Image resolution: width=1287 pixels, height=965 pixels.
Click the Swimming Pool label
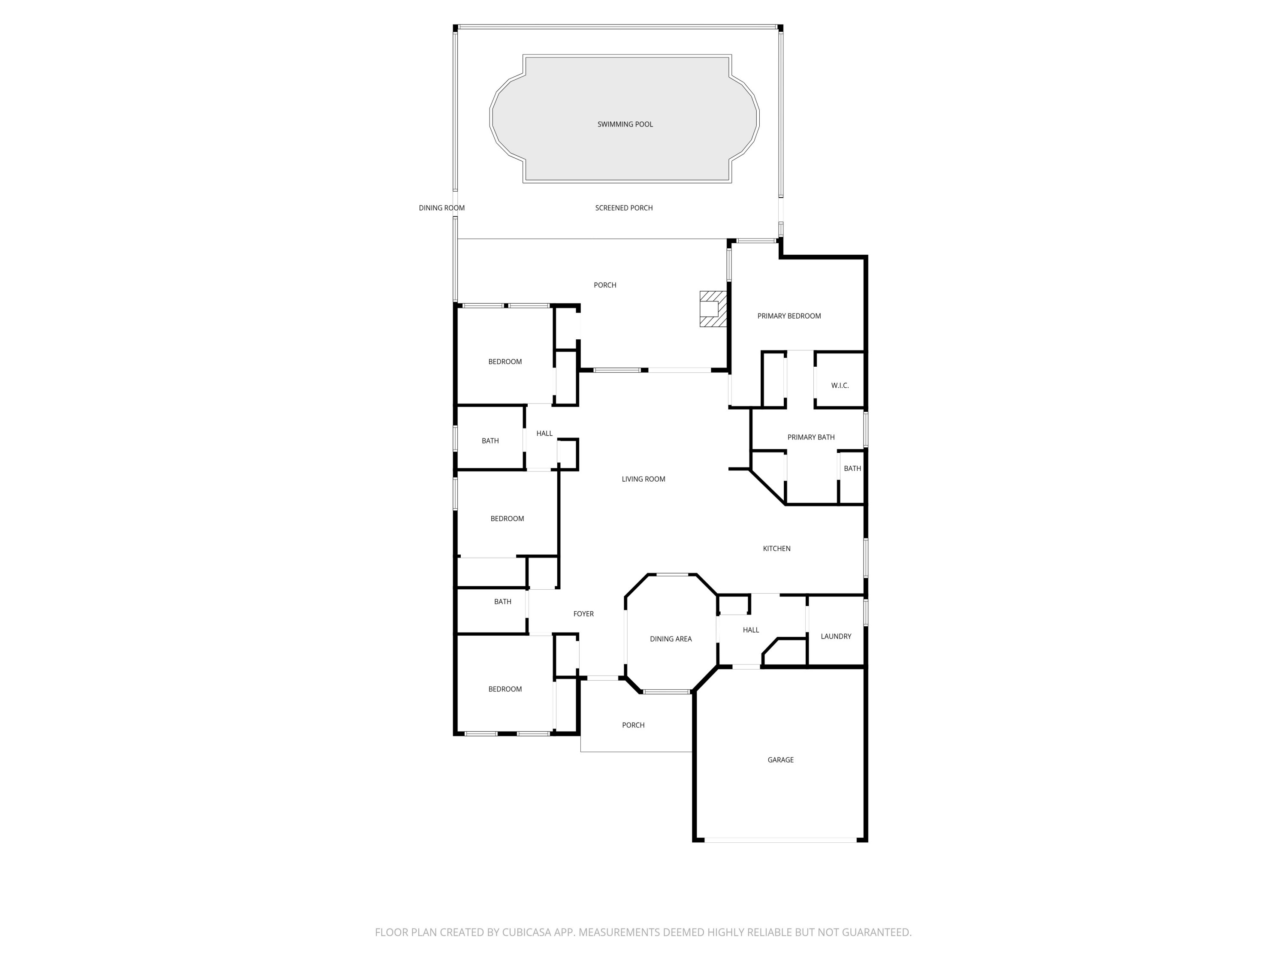click(625, 124)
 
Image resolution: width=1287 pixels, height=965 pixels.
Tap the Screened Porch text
click(624, 208)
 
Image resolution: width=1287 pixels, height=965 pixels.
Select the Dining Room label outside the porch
click(441, 208)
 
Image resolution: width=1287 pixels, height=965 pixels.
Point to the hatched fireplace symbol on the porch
click(713, 309)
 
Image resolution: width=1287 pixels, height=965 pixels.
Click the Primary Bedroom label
click(789, 316)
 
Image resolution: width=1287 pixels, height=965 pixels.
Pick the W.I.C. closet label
click(840, 385)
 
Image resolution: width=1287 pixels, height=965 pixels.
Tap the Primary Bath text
click(810, 437)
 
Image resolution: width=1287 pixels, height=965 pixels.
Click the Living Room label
click(643, 479)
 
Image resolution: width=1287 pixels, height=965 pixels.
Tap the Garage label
click(780, 760)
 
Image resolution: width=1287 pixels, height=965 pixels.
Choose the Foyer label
click(583, 614)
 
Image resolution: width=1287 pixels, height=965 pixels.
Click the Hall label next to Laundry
click(751, 629)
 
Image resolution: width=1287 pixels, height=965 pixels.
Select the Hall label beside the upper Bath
click(544, 433)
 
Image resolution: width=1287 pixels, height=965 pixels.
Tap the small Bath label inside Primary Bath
click(852, 468)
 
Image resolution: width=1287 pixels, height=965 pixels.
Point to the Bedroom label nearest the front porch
click(505, 689)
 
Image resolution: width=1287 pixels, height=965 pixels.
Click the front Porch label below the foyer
click(633, 725)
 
